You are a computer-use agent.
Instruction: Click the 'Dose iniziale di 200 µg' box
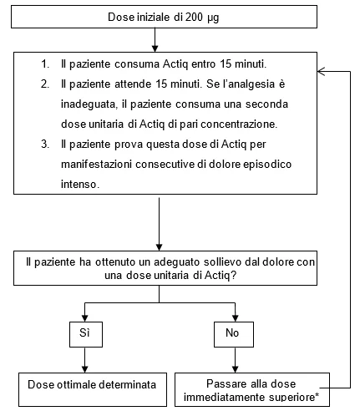tap(164, 17)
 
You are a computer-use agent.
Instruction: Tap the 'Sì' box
tap(86, 334)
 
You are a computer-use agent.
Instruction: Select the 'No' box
tap(234, 334)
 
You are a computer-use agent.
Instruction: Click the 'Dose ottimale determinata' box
tap(93, 389)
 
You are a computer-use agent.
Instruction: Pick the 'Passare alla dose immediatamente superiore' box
tap(252, 389)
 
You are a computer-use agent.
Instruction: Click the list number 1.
tap(45, 64)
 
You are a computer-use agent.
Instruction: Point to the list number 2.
tap(45, 84)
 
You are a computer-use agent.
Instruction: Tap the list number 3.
tap(45, 145)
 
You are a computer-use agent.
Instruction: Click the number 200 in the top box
tap(194, 17)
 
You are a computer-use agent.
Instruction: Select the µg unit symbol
tap(213, 18)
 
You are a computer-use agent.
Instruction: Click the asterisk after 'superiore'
tap(317, 395)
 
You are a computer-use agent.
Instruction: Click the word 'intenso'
tap(79, 185)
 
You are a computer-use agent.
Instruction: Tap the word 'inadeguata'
tap(88, 104)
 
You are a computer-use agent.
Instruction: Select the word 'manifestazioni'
tap(96, 165)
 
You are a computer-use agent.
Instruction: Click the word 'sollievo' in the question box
tap(223, 262)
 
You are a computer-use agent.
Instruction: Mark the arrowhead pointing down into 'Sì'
tap(85, 318)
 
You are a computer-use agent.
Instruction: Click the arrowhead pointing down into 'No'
tap(236, 318)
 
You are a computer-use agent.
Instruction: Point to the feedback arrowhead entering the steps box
tap(321, 72)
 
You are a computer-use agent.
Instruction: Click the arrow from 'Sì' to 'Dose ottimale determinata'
tap(85, 360)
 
